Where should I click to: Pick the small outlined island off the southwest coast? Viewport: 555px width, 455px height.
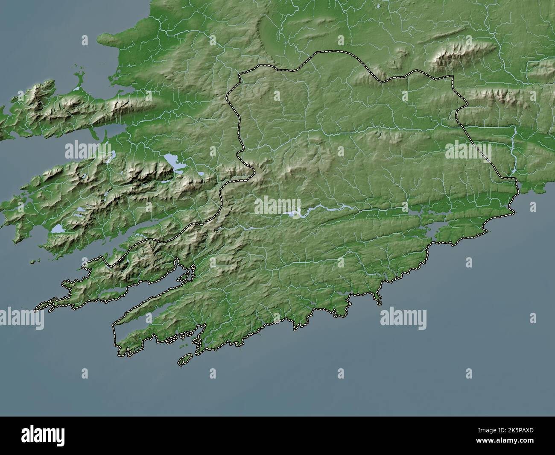(x=185, y=360)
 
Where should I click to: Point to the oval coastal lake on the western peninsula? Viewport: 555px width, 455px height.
(x=58, y=230)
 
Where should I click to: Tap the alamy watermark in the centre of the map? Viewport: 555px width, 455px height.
(x=277, y=205)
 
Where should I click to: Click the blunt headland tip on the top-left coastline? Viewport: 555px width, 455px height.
(x=100, y=39)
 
